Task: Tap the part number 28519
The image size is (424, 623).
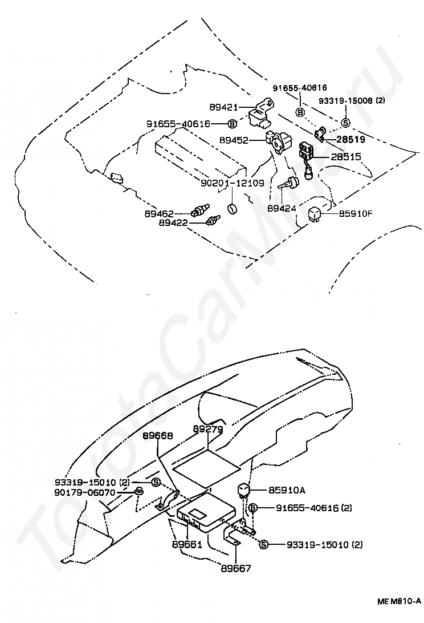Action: [x=350, y=139]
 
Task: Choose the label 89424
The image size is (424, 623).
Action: [x=282, y=208]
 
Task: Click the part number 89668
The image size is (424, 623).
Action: [x=157, y=435]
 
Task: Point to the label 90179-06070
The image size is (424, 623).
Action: [x=85, y=492]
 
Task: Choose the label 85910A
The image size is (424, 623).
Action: [x=286, y=489]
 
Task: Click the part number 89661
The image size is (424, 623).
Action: [x=187, y=544]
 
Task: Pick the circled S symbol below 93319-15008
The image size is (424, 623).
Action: [x=345, y=122]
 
